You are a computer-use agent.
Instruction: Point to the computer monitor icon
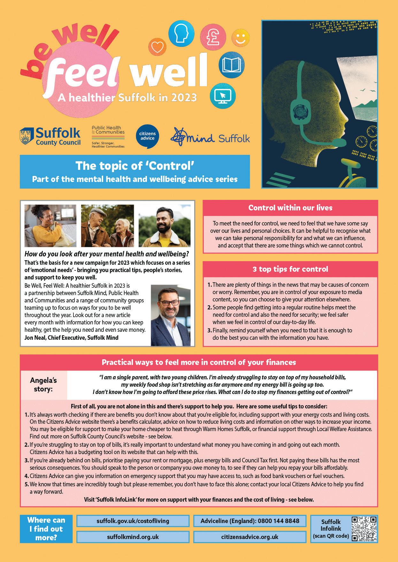(x=223, y=95)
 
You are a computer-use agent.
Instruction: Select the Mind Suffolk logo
(x=210, y=137)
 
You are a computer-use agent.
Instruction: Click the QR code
(x=364, y=529)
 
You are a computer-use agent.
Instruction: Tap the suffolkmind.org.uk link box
(x=133, y=537)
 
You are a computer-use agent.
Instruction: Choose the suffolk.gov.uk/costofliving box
(x=133, y=521)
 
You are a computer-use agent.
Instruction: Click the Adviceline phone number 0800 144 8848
(x=250, y=521)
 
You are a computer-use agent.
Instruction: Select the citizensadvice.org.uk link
(x=250, y=537)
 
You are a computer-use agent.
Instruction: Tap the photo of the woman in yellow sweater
(x=50, y=225)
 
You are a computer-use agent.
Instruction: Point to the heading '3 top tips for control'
(x=290, y=269)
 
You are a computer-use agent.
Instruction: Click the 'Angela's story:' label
(x=43, y=385)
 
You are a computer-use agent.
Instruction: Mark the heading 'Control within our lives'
(x=290, y=208)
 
